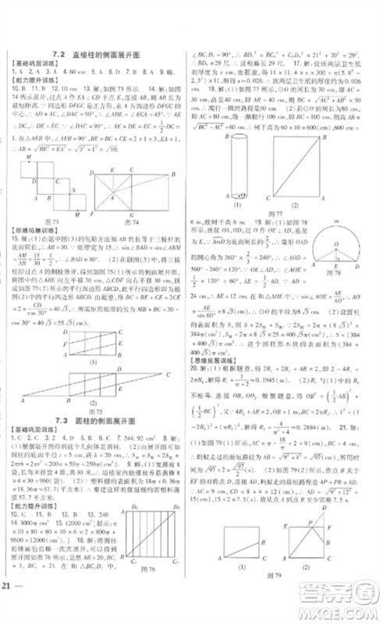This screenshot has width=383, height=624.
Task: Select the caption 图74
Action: (132, 221)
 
